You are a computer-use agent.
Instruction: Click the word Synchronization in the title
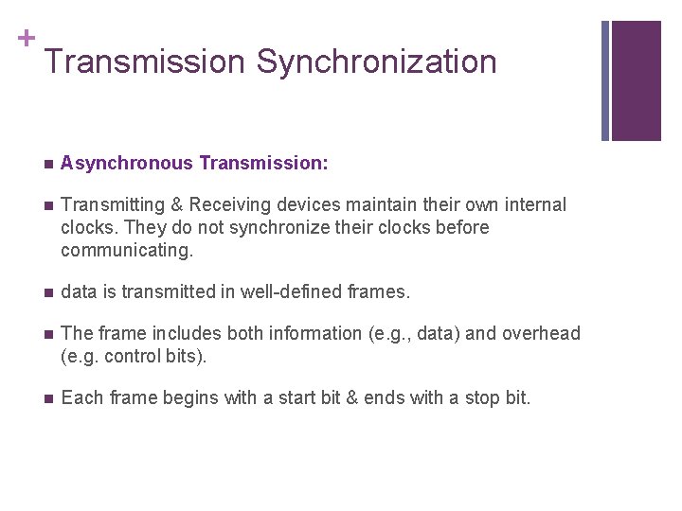[x=376, y=62]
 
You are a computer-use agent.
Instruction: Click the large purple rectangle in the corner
[x=636, y=80]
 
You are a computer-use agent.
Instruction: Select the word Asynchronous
[x=126, y=164]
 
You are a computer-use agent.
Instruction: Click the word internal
[x=533, y=205]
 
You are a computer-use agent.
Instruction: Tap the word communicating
[x=126, y=251]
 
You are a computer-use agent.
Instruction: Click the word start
[x=307, y=398]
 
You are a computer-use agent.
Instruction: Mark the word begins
[x=188, y=398]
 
